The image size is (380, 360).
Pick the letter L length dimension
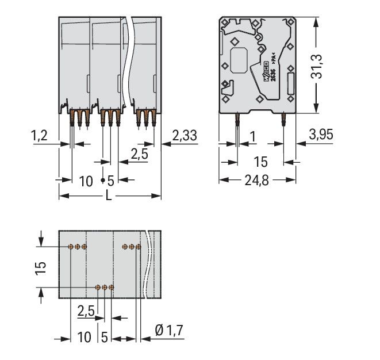pos(109,197)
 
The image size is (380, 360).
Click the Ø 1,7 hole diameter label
pos(169,331)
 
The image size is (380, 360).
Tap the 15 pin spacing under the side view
pos(260,162)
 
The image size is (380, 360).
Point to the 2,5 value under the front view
pos(138,154)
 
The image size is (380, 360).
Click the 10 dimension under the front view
pos(86,181)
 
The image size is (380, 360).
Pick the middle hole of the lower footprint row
pos(105,286)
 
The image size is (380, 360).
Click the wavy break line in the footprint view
pos(151,265)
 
